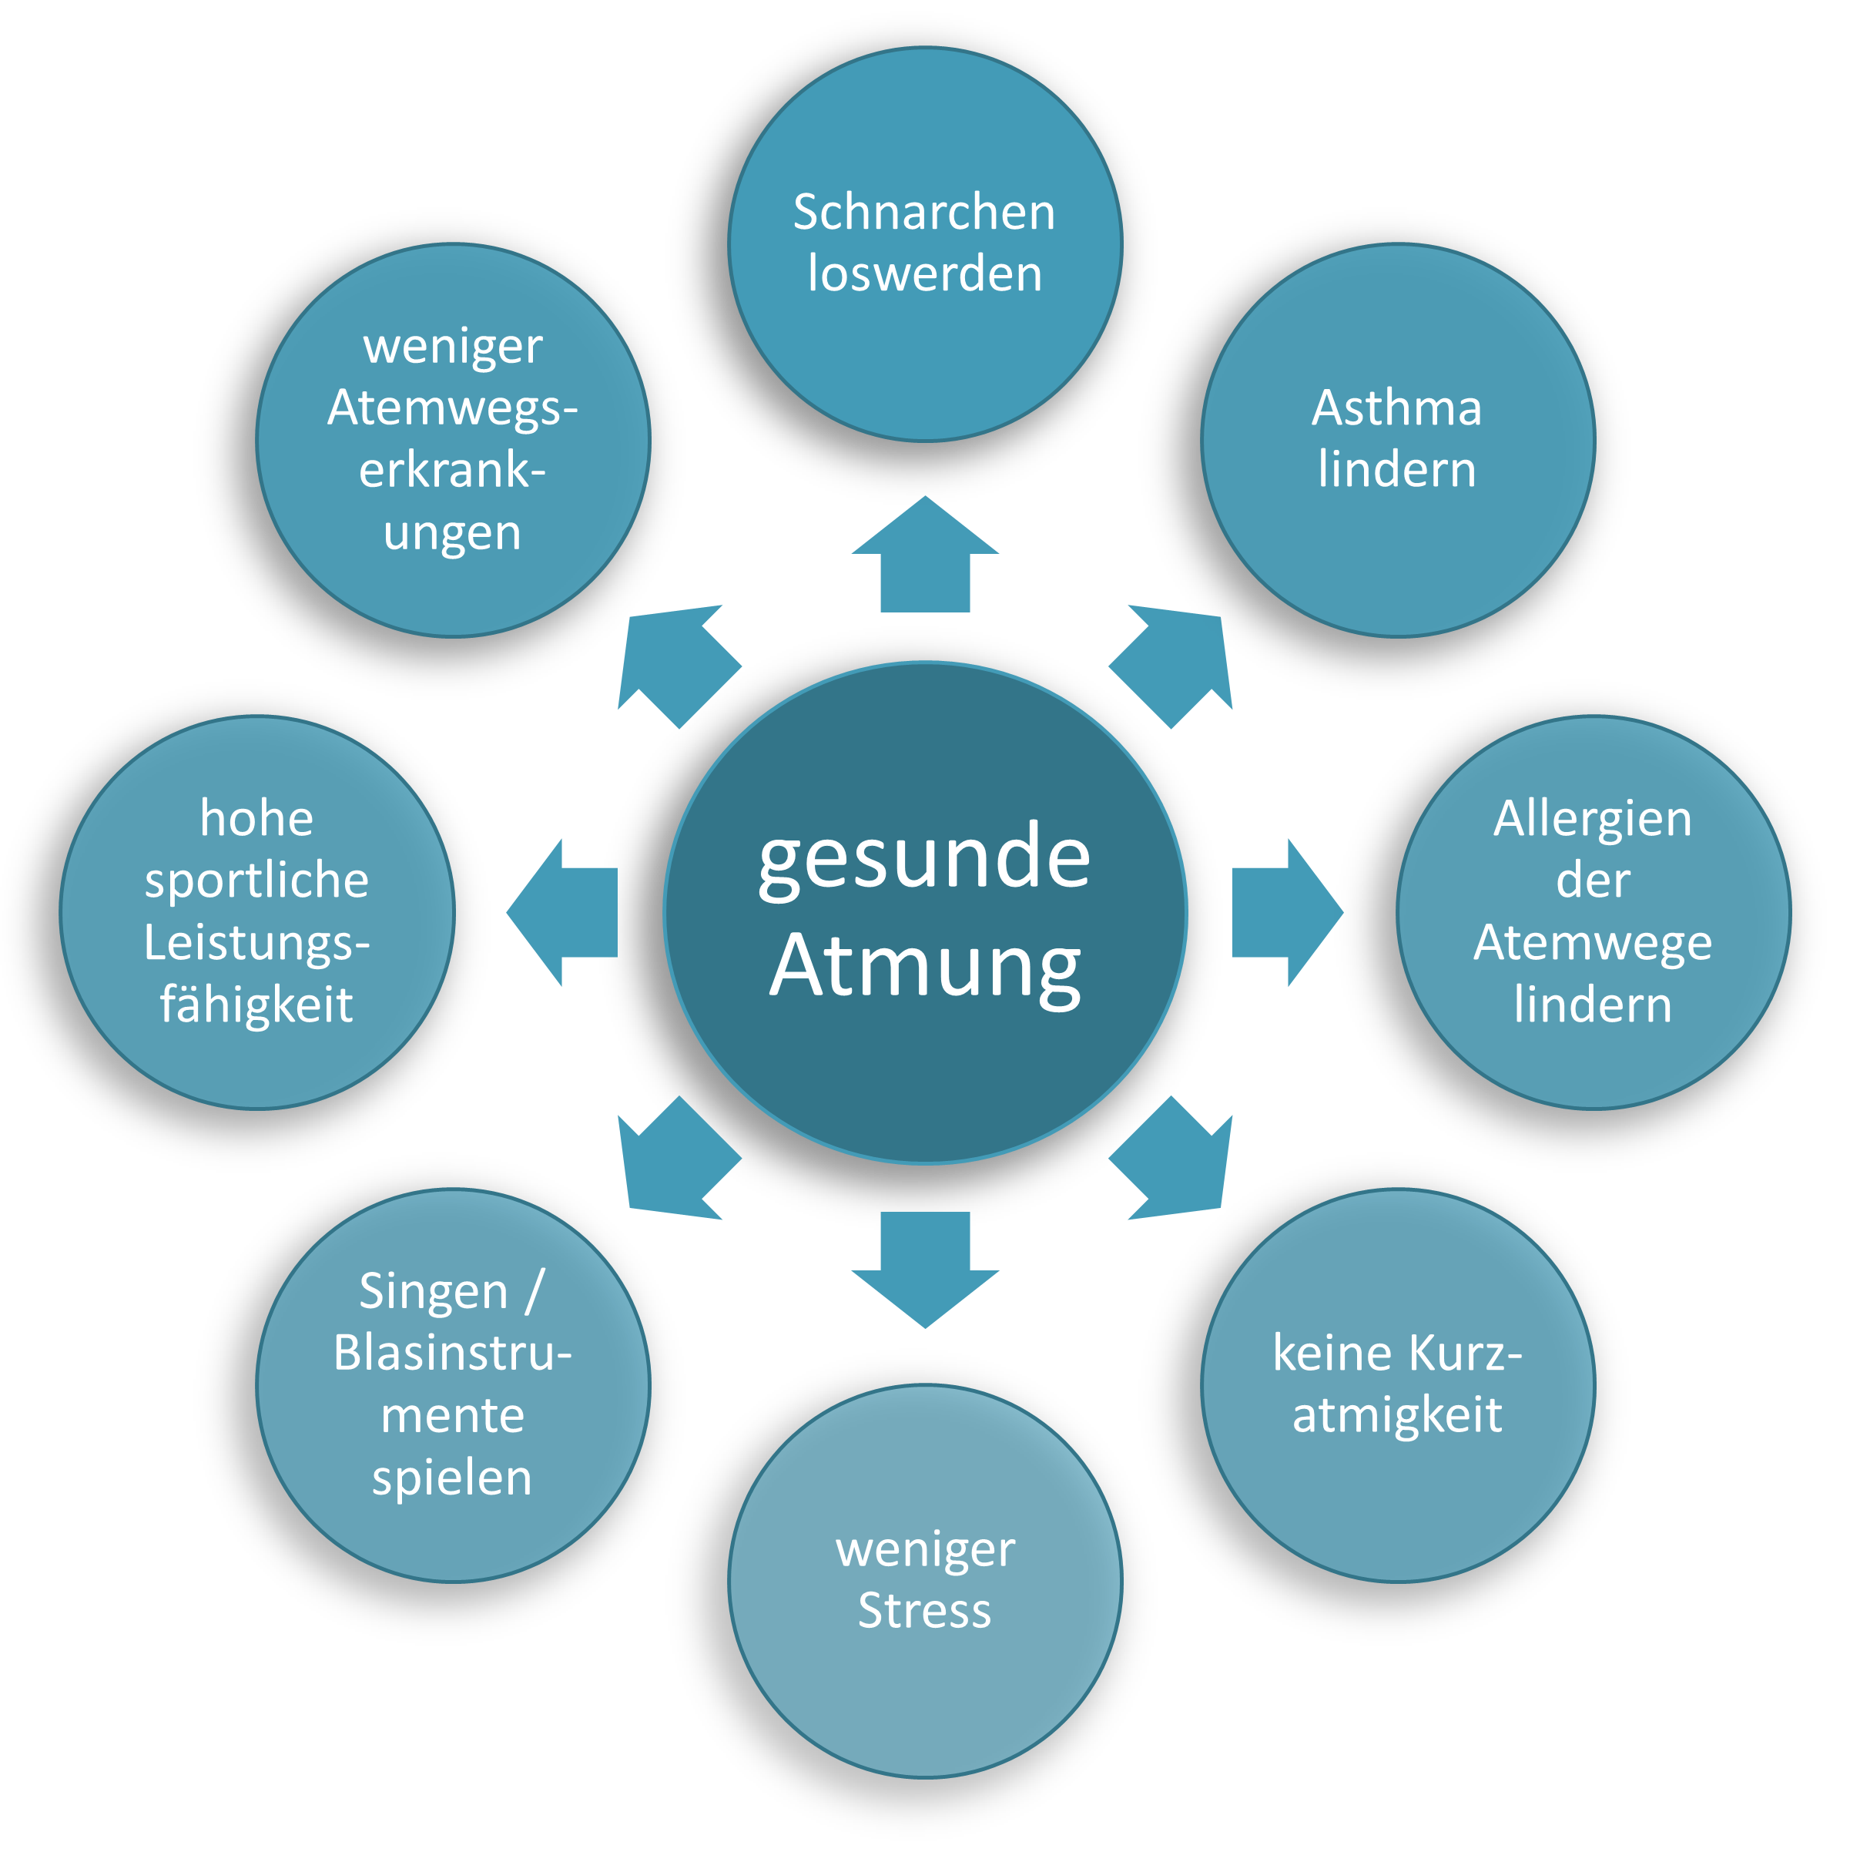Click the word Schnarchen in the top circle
[924, 213]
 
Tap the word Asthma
[1396, 408]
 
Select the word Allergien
[1592, 820]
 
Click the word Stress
[924, 1610]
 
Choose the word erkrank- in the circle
[452, 471]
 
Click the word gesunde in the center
[924, 856]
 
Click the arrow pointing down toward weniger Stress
[925, 1265]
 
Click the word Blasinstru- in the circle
[452, 1354]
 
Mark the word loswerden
[924, 275]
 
